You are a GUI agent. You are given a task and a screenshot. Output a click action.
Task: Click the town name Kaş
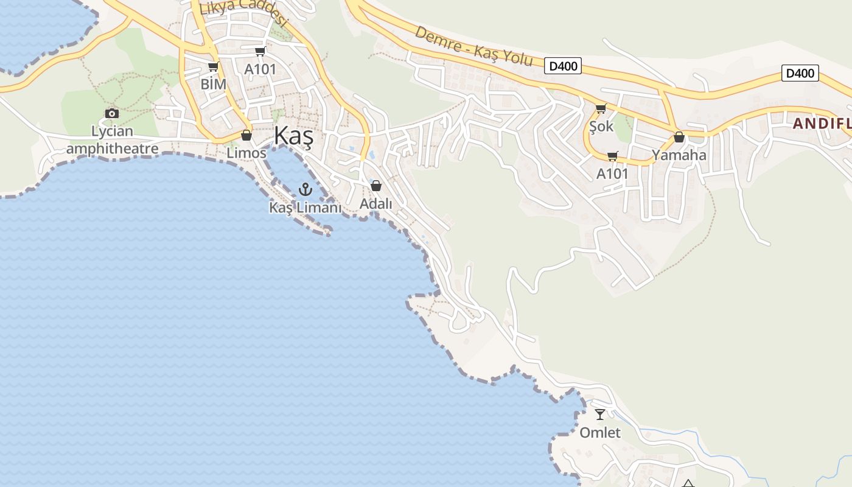(293, 136)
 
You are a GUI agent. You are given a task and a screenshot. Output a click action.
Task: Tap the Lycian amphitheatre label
(112, 140)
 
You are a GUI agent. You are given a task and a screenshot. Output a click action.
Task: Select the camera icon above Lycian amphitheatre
(111, 113)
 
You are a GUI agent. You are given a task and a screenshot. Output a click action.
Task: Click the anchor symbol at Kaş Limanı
(305, 189)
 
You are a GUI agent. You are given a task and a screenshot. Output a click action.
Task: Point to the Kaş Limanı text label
(305, 208)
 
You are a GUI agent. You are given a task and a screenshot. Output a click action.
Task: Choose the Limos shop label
(246, 153)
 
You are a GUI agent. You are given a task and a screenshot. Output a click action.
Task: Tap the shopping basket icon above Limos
(246, 135)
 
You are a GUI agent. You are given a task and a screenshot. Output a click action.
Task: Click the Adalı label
(376, 204)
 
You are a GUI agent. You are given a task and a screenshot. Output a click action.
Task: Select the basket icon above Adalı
(376, 186)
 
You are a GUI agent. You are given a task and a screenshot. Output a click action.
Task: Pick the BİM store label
(213, 84)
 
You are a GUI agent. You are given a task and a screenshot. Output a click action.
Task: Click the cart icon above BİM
(213, 66)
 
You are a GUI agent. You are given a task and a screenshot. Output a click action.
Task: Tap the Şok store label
(601, 127)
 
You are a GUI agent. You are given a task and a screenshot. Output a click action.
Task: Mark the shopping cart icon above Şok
(601, 109)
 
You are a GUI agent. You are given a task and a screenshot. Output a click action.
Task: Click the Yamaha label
(679, 155)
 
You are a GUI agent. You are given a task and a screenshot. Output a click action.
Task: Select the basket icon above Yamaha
(679, 138)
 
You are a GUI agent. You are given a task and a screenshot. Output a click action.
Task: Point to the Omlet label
(600, 433)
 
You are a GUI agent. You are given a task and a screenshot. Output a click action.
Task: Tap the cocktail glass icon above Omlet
(600, 415)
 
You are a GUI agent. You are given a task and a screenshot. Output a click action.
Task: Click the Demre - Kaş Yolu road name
(473, 46)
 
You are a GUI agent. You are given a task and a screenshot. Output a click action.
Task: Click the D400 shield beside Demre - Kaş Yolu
(563, 66)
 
